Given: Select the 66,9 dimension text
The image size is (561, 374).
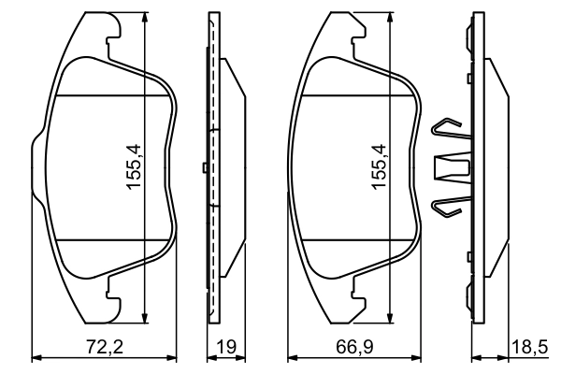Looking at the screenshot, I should click(352, 347).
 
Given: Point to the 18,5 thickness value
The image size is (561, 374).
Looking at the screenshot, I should click(528, 347).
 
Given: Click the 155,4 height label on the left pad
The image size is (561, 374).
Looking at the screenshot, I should click(135, 167).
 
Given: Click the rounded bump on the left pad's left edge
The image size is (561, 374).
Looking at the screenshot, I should click(36, 165).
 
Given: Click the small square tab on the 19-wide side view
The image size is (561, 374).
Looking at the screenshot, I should click(204, 167).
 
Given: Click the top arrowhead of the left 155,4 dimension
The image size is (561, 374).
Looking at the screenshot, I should click(146, 21).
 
